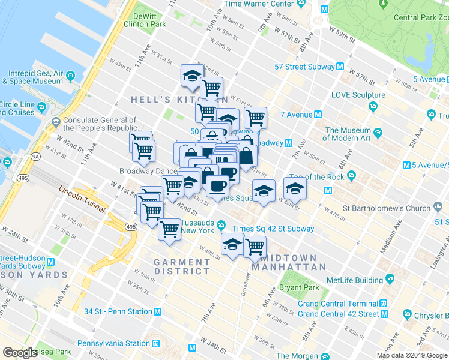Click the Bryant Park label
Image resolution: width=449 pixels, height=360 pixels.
(x=303, y=287)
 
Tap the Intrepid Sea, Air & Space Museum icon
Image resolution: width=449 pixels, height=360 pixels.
(x=71, y=76)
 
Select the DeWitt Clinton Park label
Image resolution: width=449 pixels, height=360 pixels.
(x=145, y=20)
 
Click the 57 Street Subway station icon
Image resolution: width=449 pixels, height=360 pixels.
(x=340, y=67)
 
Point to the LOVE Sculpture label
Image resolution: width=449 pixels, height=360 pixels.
(x=358, y=95)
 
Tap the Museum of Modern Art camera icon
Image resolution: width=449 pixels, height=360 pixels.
(x=378, y=133)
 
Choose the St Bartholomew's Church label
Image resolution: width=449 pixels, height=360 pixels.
(x=386, y=209)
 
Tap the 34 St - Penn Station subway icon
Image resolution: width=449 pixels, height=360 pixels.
(x=157, y=311)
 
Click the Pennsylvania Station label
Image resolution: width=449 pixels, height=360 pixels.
(x=113, y=344)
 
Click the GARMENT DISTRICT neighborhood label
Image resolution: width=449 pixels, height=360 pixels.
(x=181, y=266)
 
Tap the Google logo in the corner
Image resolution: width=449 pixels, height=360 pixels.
(x=20, y=353)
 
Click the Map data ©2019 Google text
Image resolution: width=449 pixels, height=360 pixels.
(x=412, y=355)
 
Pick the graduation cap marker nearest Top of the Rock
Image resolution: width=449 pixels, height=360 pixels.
(x=294, y=188)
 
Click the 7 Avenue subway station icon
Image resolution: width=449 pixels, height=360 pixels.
(x=318, y=115)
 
